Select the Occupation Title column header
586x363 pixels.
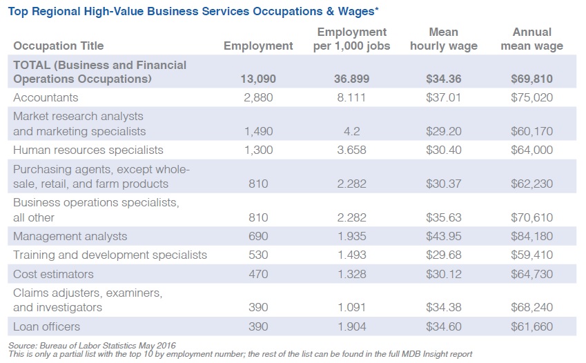click(58, 46)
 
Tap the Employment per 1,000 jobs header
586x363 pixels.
click(352, 39)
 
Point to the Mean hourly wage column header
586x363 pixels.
click(443, 39)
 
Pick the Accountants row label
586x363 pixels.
click(46, 97)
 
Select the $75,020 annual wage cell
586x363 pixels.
click(531, 97)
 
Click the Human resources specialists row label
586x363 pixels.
click(88, 150)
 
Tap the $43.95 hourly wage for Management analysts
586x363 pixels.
click(444, 237)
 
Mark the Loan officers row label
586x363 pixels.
click(46, 326)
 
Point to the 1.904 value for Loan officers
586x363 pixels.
click(352, 326)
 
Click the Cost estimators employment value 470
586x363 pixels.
click(258, 274)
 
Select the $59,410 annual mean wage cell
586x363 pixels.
click(531, 255)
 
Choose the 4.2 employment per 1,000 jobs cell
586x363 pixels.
click(352, 132)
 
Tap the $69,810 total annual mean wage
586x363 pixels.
click(531, 79)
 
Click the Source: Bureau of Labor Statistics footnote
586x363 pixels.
click(92, 345)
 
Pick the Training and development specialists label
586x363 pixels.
click(110, 255)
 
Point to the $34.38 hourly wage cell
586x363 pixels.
click(444, 307)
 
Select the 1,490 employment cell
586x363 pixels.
click(258, 132)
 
